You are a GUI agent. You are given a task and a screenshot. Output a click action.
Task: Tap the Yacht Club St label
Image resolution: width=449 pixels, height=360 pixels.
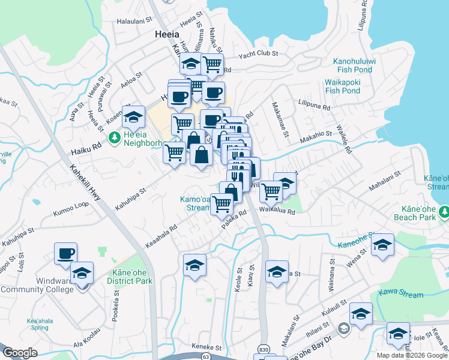coord(258,54)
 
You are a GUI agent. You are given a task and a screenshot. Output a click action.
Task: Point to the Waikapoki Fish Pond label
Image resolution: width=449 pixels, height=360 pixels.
coord(342,86)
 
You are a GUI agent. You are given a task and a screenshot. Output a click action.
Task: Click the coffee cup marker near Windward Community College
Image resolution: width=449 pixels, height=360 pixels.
coord(65,253)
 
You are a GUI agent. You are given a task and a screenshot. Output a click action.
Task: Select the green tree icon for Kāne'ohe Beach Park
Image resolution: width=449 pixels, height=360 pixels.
coord(444,211)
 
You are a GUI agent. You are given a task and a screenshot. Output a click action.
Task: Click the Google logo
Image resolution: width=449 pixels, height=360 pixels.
coord(20,353)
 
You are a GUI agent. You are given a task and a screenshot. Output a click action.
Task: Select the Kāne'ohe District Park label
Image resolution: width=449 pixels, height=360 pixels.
coord(128,277)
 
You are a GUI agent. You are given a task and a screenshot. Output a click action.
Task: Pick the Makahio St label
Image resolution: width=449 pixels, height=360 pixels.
coord(315,136)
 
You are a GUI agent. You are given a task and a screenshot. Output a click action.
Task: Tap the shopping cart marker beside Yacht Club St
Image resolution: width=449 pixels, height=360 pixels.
coord(212,63)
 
